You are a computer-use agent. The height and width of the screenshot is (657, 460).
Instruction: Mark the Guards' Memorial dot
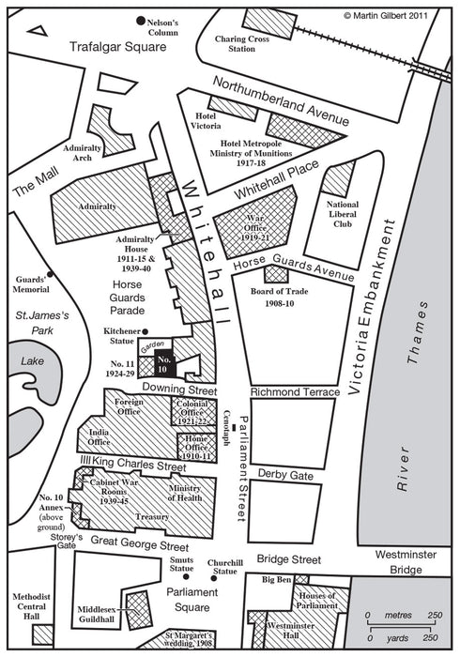click(50, 274)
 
